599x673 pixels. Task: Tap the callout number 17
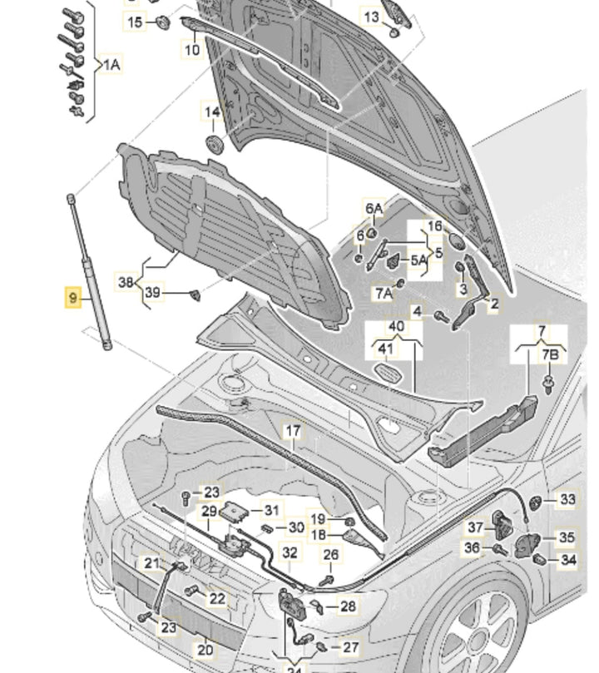(x=293, y=431)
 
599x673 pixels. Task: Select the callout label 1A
(x=111, y=65)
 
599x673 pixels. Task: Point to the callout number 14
(x=213, y=112)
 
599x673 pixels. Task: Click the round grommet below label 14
(x=214, y=144)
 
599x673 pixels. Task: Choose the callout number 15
(x=134, y=22)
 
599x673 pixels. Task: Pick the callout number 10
(x=192, y=50)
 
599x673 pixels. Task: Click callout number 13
(x=371, y=17)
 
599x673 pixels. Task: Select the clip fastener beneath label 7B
(x=550, y=384)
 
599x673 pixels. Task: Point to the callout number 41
(x=385, y=349)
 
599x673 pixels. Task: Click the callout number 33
(x=567, y=500)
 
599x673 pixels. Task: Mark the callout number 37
(x=475, y=527)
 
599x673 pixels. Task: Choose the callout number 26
(x=331, y=555)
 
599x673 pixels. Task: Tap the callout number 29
(x=210, y=511)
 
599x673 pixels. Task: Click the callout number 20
(x=205, y=650)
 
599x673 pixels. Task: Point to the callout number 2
(x=494, y=304)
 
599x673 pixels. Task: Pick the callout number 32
(x=290, y=552)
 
